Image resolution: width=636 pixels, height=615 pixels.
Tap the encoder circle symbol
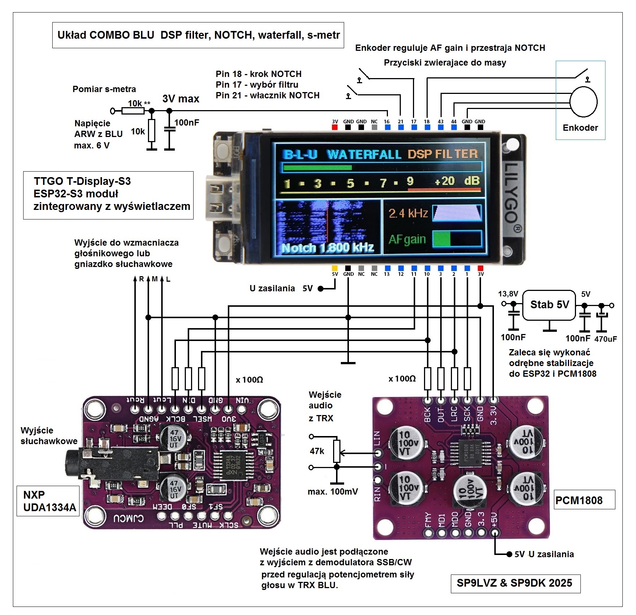pos(583,102)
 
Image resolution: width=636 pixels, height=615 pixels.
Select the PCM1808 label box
pos(584,500)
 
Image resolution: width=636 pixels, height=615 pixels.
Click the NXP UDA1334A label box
pos(49,501)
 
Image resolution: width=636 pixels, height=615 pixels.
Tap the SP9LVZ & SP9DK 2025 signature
pos(515,583)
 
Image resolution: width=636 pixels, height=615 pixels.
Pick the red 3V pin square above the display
pos(335,127)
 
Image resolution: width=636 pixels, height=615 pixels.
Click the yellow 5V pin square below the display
pos(335,268)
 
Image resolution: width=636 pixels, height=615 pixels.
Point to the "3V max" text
pos(181,99)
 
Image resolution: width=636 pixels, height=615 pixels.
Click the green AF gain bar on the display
pos(441,239)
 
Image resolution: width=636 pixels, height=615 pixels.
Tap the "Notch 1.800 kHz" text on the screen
pos(327,248)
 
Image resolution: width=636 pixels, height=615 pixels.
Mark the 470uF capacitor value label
pos(605,339)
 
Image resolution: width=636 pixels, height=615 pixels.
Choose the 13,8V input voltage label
pos(508,294)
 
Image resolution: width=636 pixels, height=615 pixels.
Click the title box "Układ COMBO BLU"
pos(198,35)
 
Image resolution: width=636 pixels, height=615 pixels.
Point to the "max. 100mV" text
pos(333,492)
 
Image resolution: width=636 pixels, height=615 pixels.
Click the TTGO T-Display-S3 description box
pos(108,195)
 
